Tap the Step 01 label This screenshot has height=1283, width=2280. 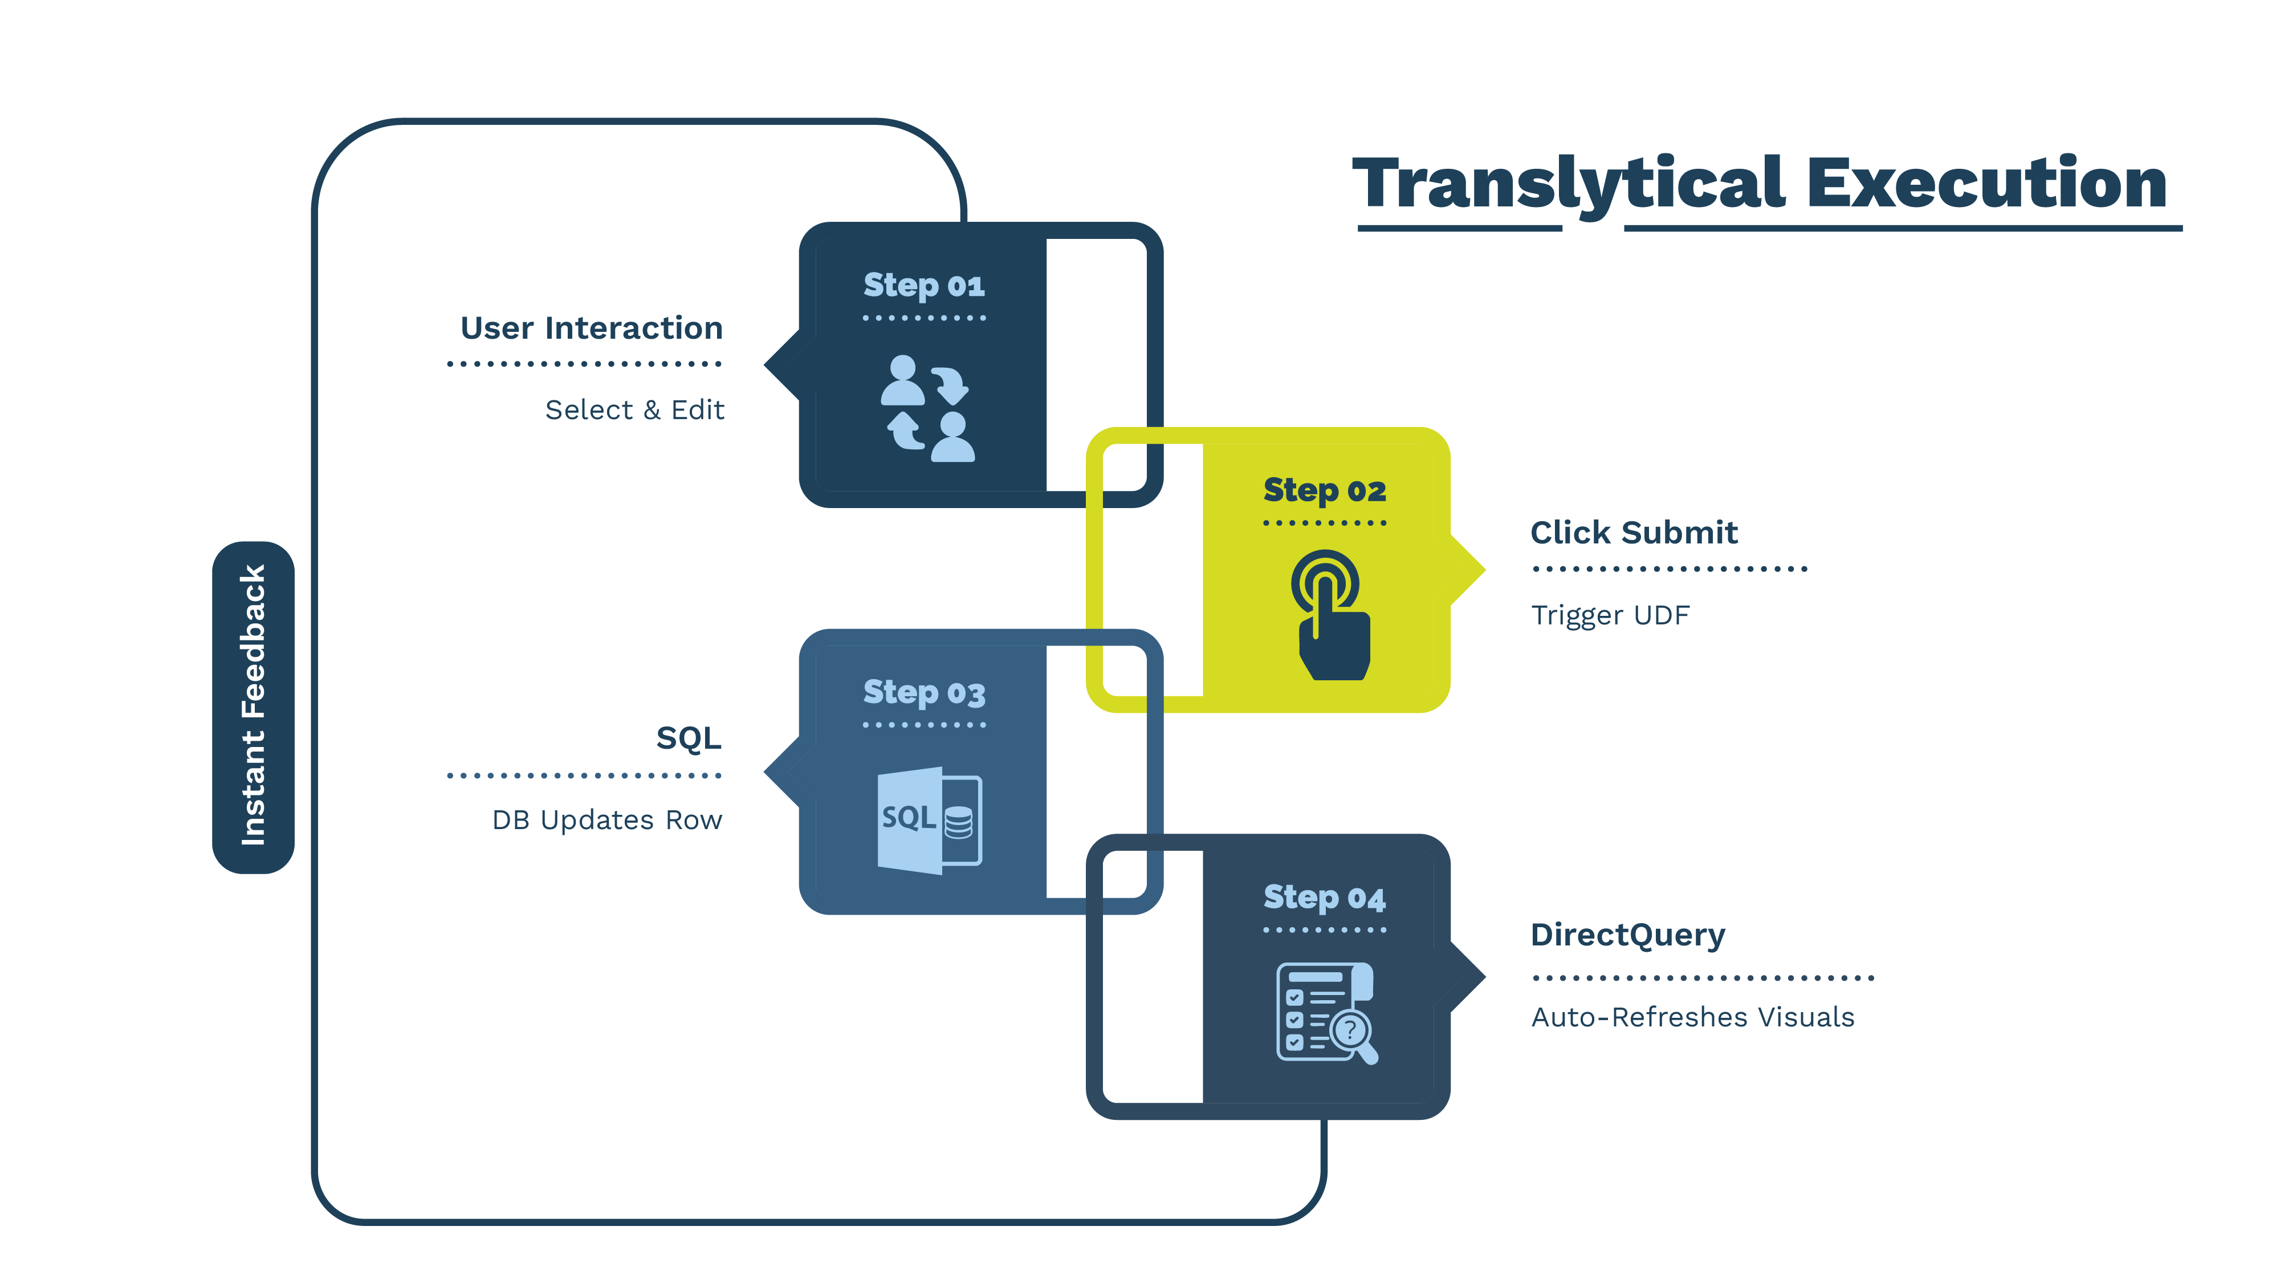[923, 286]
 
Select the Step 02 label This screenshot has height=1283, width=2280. [1324, 490]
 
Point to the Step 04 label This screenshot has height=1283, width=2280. [1324, 898]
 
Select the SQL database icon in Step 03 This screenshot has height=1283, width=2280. [929, 819]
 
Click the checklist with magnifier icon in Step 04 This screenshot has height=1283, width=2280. [1325, 1012]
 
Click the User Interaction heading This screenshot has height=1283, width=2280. [591, 328]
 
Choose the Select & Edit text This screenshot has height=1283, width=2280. [634, 410]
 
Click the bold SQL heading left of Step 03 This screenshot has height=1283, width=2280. [689, 737]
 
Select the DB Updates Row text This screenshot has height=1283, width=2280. [607, 820]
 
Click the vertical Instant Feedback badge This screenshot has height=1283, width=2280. [253, 707]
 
